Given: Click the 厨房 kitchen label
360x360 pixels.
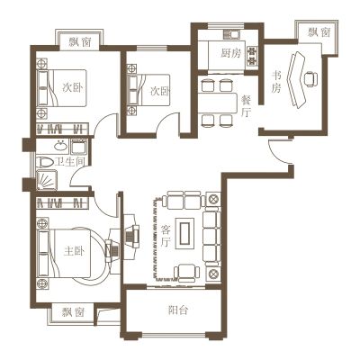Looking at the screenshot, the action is tap(231, 53).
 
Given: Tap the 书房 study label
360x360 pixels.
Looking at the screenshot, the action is tap(276, 82).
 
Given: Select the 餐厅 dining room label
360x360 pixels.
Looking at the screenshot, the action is tap(247, 106).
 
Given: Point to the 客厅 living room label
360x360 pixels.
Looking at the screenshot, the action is tap(166, 237).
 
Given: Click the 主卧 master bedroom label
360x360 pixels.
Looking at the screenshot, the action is tap(74, 251).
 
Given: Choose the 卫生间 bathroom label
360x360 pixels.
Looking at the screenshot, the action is tap(69, 162).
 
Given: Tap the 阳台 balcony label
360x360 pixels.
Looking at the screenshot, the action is tap(178, 310).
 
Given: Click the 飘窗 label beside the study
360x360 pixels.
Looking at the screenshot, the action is tap(319, 32).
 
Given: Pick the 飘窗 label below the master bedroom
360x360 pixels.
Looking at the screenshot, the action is tap(74, 312).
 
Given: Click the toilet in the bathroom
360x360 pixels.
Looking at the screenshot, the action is tap(45, 162).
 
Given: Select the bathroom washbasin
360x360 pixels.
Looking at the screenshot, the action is tap(61, 147).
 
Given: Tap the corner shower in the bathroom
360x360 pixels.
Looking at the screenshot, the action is tap(47, 180).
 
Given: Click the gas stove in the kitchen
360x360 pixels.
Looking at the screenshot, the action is tap(252, 56).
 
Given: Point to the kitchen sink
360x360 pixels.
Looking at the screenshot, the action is tap(232, 34).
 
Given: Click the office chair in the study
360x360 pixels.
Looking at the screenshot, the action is tap(310, 79).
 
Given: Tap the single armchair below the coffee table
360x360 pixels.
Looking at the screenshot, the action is tap(186, 273).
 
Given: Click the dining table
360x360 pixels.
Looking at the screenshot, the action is tap(218, 103).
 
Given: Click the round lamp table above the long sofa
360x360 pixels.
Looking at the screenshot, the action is tap(213, 199).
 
